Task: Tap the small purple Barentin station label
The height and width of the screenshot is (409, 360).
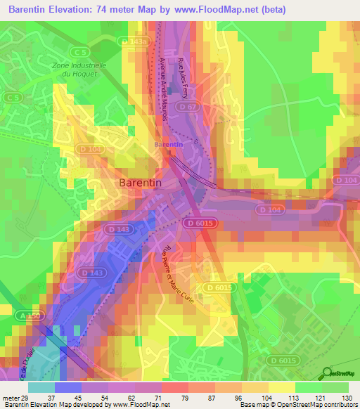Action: (x=168, y=145)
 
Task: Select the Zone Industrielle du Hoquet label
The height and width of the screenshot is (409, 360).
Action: (x=79, y=69)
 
